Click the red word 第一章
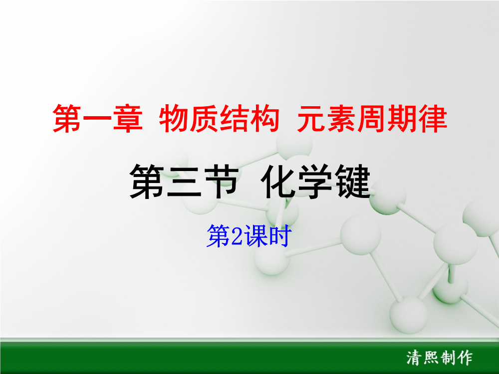(x=97, y=118)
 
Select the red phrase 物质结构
(x=219, y=118)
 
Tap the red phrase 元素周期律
(x=372, y=118)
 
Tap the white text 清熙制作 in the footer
(x=440, y=358)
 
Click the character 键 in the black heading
(x=353, y=182)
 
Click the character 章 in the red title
(x=128, y=118)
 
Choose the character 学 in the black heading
(x=316, y=182)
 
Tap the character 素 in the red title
(x=341, y=118)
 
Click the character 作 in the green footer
(x=465, y=358)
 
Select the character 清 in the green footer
(x=414, y=358)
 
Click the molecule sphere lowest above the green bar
(x=409, y=314)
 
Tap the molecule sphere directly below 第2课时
(x=272, y=258)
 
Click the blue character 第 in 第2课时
(x=219, y=236)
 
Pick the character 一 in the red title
(x=97, y=119)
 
